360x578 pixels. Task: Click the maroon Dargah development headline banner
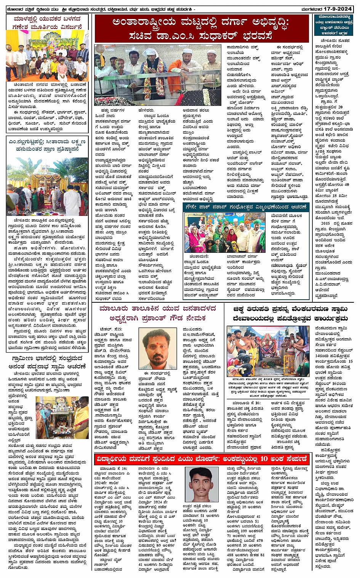pos(202,29)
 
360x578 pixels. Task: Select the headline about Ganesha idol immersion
pos(48,22)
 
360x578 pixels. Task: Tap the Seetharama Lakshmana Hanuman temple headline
pos(48,145)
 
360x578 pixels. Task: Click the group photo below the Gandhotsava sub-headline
pos(224,232)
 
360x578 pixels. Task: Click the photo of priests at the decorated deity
pos(268,351)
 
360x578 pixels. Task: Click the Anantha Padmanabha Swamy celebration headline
pos(48,362)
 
